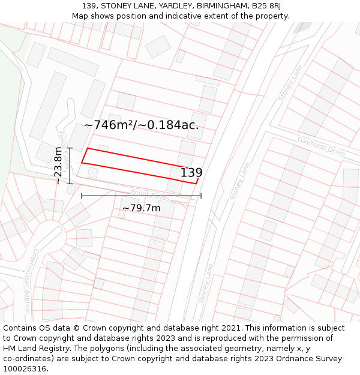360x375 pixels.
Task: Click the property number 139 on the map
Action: click(x=191, y=173)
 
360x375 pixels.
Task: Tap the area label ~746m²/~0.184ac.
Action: click(x=141, y=125)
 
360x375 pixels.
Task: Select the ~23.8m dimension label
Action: click(x=58, y=166)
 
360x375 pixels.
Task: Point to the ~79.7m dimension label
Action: click(x=142, y=208)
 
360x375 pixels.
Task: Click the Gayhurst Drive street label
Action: click(x=321, y=146)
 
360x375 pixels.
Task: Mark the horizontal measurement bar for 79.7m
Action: click(x=141, y=196)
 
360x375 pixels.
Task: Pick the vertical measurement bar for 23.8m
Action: click(x=70, y=166)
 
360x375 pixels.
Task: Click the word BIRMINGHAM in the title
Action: click(x=220, y=6)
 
